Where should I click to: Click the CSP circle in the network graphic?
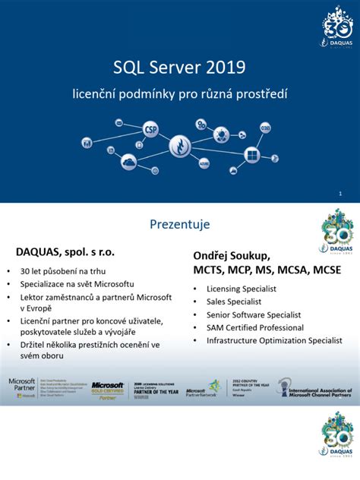150,129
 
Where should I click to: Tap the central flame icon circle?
180,145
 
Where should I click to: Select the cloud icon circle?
128,162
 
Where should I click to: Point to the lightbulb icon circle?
222,136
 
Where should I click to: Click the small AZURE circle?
204,163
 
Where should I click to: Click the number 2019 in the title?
223,69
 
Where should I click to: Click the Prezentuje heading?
180,225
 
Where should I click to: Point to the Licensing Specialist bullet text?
241,289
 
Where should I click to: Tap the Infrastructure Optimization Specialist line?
274,340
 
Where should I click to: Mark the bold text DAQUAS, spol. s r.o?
65,250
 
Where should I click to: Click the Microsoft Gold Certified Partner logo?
107,390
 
